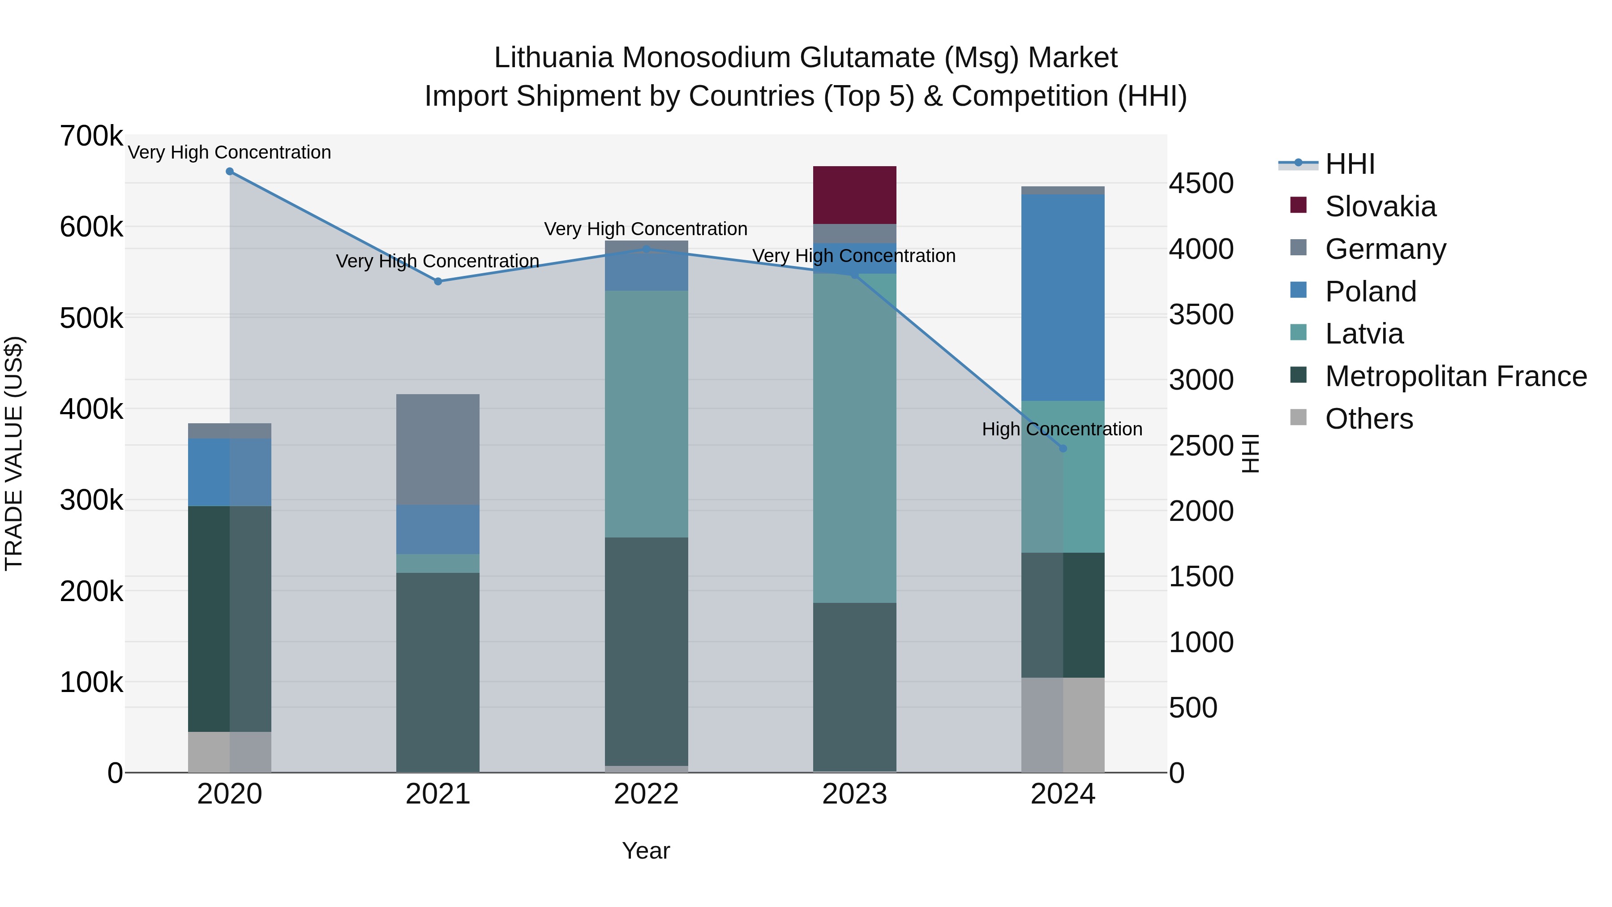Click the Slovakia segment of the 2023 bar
[854, 195]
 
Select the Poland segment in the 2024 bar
[1063, 297]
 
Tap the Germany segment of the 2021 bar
[437, 449]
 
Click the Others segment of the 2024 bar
[1063, 724]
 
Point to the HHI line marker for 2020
[230, 172]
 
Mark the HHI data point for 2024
[1063, 448]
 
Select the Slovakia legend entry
[1380, 206]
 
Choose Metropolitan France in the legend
[1456, 376]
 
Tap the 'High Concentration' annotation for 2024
[1062, 430]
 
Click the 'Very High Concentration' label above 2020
[230, 153]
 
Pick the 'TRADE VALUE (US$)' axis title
[14, 453]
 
